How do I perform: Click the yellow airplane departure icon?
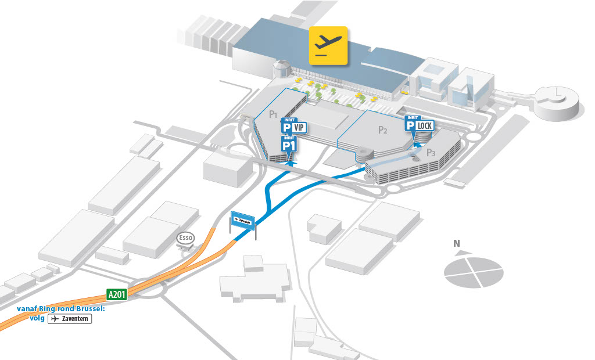pyautogui.click(x=328, y=45)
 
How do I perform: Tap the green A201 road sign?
pyautogui.click(x=116, y=294)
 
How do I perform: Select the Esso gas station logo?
pyautogui.click(x=185, y=238)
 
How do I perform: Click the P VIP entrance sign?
pyautogui.click(x=293, y=127)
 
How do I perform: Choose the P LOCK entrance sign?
pyautogui.click(x=418, y=125)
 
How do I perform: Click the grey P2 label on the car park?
pyautogui.click(x=382, y=130)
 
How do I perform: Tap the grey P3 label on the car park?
pyautogui.click(x=431, y=153)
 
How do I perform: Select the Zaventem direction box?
pyautogui.click(x=70, y=319)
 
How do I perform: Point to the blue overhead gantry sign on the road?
pyautogui.click(x=243, y=220)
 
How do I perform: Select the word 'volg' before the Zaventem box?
pyautogui.click(x=37, y=319)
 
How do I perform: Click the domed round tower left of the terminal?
pyautogui.click(x=281, y=70)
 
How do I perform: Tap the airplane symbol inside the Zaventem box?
pyautogui.click(x=55, y=319)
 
